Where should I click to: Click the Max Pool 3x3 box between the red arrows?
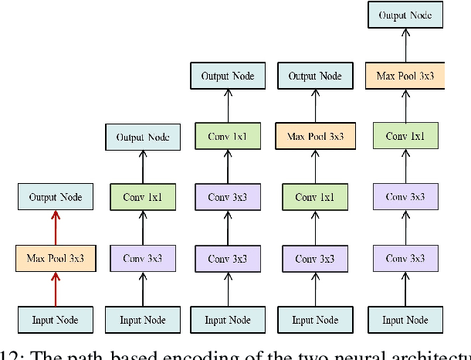coord(55,257)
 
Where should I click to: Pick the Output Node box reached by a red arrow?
coord(55,197)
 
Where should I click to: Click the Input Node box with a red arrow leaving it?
coord(55,319)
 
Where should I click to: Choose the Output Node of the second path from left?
coord(142,137)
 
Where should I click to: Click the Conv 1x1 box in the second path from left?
coord(142,197)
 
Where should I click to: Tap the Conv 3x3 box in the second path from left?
coord(142,257)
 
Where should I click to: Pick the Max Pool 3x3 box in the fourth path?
coord(315,137)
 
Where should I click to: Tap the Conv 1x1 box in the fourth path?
coord(315,197)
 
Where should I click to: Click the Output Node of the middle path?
coord(228,76)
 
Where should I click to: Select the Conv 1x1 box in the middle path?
coord(228,137)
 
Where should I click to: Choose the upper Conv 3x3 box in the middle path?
coord(228,197)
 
